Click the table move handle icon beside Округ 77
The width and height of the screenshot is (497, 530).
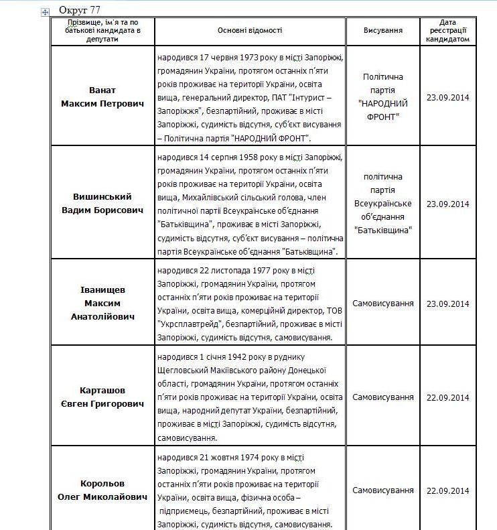tap(45, 12)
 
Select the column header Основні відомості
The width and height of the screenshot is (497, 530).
tap(250, 31)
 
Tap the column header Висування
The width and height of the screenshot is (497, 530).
tap(382, 31)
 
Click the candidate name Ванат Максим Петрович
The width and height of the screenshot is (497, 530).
tap(102, 96)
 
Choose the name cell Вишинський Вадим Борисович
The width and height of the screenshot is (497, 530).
tap(102, 203)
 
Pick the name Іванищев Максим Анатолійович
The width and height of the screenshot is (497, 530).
tap(102, 303)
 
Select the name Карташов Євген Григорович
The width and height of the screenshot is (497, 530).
tap(102, 397)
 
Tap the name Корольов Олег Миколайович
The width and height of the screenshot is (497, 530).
tap(102, 490)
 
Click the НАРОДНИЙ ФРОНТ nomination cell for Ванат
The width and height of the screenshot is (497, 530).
tap(382, 97)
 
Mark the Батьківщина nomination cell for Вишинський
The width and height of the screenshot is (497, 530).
tap(382, 203)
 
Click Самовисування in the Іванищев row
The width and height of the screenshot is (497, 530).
tap(382, 304)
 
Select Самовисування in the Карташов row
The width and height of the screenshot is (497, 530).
tap(382, 397)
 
